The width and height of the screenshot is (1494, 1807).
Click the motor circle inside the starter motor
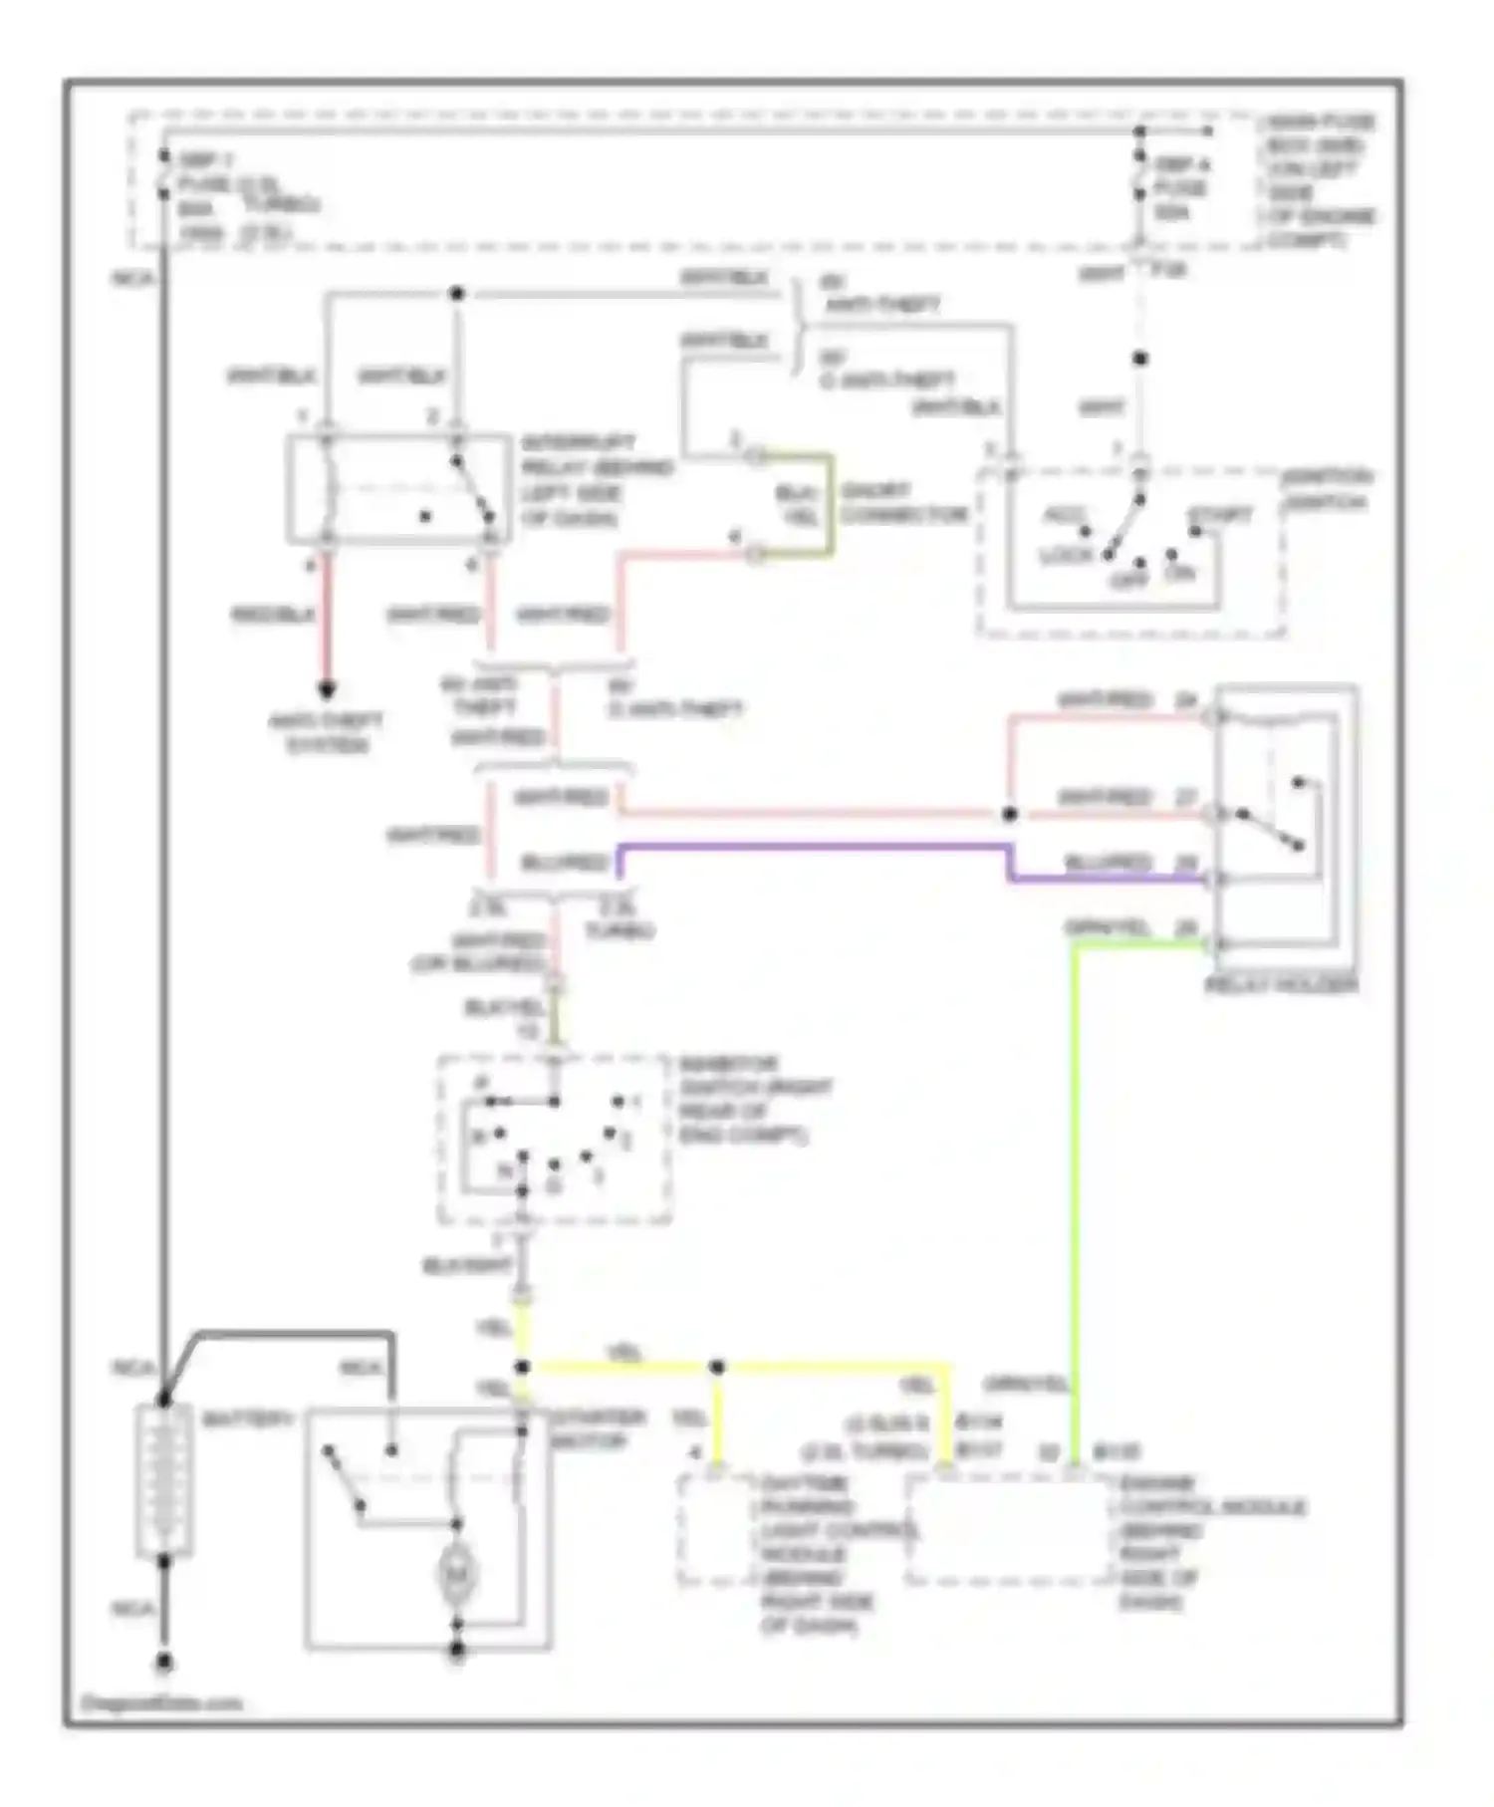[x=457, y=1574]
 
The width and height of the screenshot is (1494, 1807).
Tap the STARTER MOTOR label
[x=588, y=1429]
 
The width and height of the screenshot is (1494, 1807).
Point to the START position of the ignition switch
[x=1219, y=515]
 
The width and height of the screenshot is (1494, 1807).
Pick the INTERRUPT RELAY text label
[x=596, y=480]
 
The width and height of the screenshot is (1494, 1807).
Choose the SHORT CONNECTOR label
[x=902, y=503]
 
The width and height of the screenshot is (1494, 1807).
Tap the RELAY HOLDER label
[x=1281, y=985]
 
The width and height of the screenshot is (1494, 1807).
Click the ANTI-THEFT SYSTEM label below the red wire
[x=326, y=732]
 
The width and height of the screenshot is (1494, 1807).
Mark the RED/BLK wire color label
[x=273, y=615]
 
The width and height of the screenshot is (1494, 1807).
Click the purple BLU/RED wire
[x=817, y=848]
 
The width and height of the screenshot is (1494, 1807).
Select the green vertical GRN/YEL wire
[x=1075, y=1195]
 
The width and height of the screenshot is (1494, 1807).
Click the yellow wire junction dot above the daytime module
[x=717, y=1368]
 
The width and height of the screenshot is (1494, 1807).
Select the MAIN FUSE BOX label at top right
[x=1320, y=180]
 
